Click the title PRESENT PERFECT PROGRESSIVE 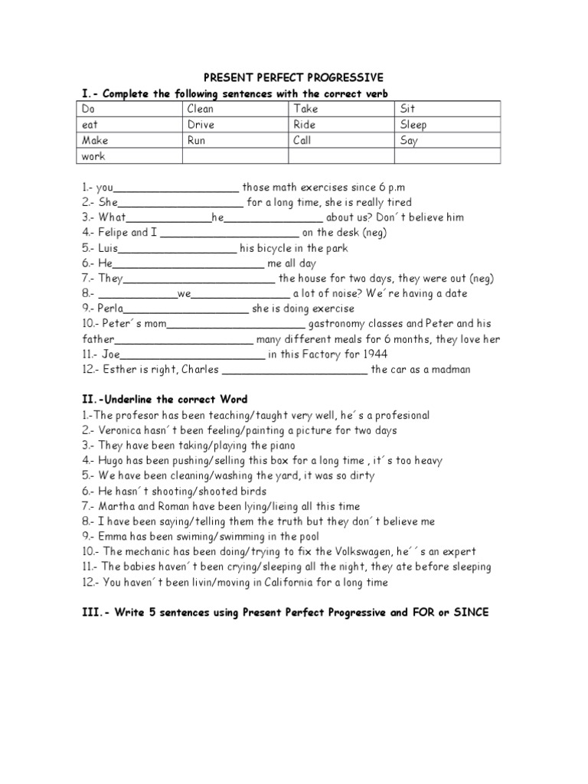coord(293,78)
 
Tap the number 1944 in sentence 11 coord(374,354)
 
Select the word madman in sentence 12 coord(448,370)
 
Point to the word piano coord(280,446)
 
